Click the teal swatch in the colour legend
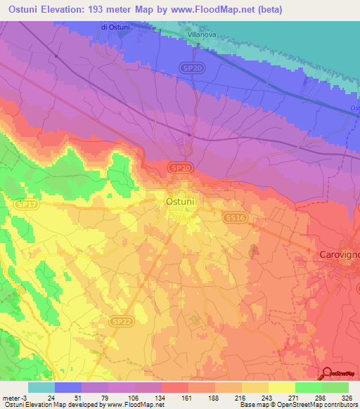(41, 387)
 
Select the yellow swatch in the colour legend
(282, 387)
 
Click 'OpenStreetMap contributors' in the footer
(314, 405)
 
